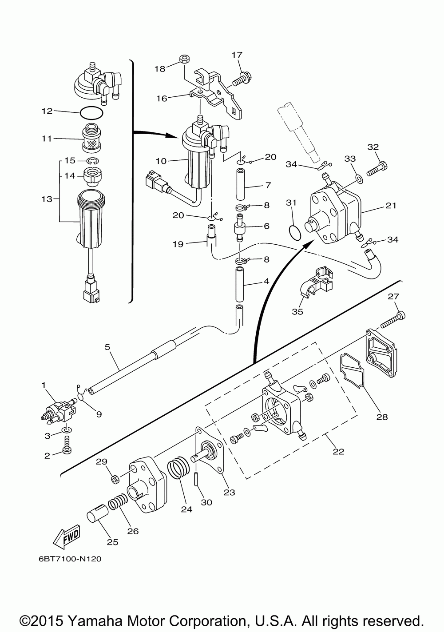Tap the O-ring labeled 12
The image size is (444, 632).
tap(92, 113)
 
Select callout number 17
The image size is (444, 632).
tap(237, 55)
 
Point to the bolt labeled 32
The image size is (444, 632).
tap(377, 169)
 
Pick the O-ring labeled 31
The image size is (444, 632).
tap(294, 231)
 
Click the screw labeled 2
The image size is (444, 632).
tap(67, 445)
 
